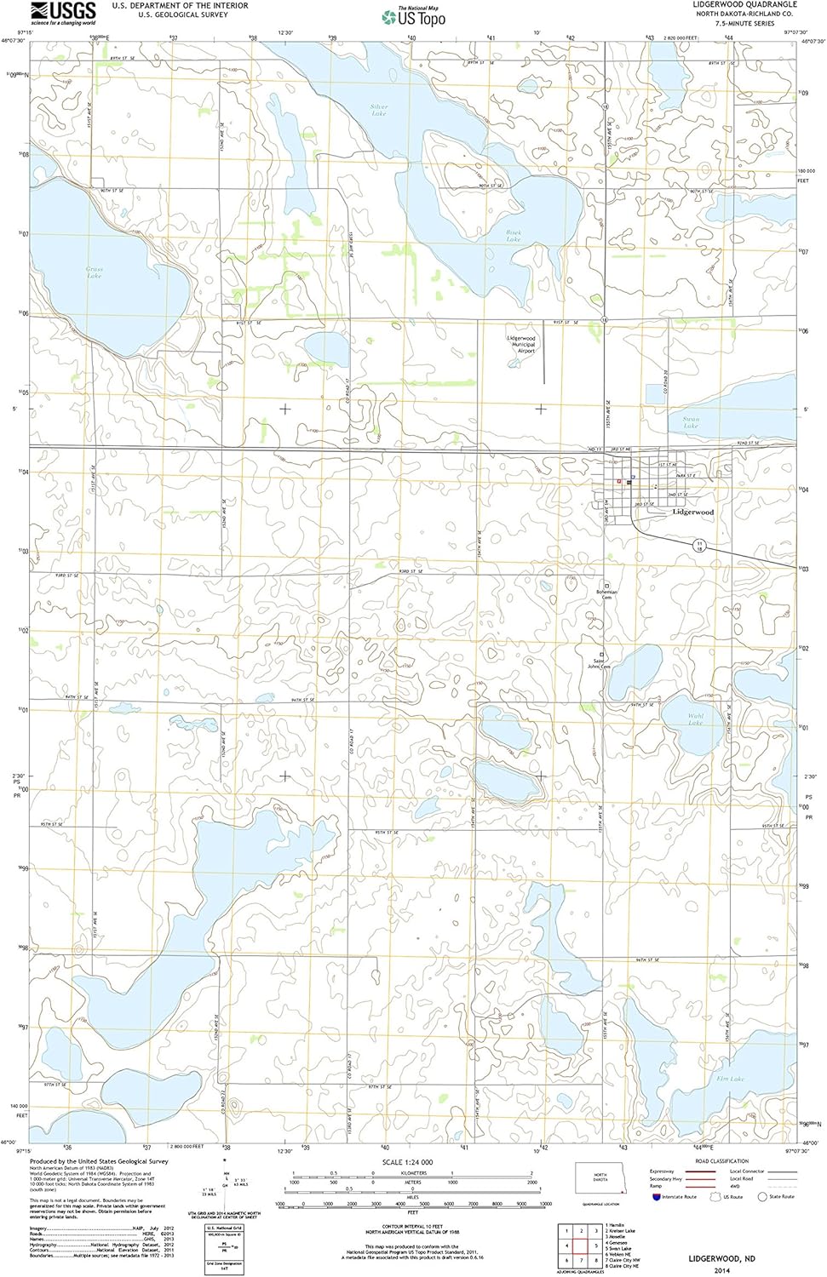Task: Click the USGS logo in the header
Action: click(63, 12)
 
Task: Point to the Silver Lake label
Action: click(379, 110)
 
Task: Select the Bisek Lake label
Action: click(514, 235)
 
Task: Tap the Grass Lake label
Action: click(95, 272)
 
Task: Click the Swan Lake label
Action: click(691, 421)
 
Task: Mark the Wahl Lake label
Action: click(696, 719)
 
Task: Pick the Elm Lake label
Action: click(730, 1079)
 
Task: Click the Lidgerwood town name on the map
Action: click(692, 513)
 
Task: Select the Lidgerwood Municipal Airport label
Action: click(521, 344)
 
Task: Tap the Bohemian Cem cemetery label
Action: click(607, 594)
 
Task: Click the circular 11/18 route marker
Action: click(698, 545)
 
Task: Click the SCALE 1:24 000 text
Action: click(407, 1162)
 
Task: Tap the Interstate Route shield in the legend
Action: click(656, 1197)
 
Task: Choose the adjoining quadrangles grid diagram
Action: click(581, 1245)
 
